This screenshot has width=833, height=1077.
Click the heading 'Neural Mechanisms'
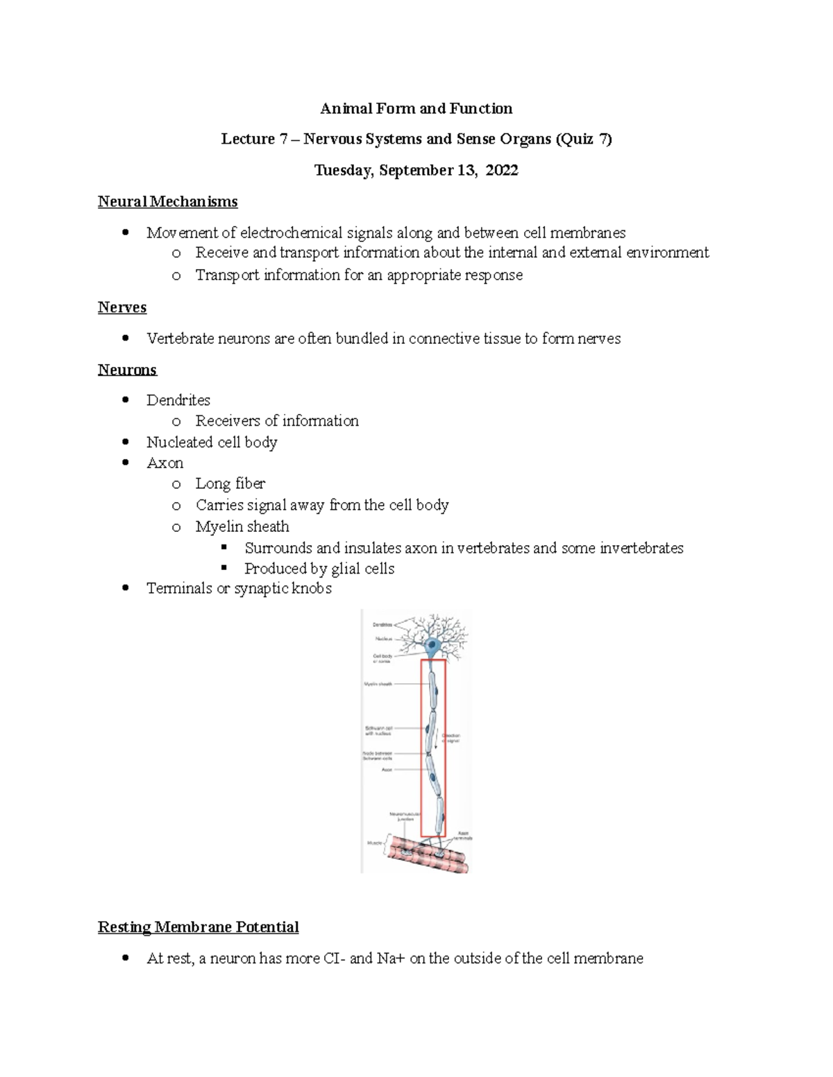(167, 202)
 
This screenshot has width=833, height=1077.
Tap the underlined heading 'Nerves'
(122, 307)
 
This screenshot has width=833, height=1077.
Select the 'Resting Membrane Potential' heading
(198, 927)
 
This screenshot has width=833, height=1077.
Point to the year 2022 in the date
(501, 171)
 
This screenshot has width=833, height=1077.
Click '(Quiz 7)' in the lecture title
(583, 139)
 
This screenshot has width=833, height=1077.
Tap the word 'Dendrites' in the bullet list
(178, 400)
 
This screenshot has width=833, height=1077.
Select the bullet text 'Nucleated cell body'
(212, 442)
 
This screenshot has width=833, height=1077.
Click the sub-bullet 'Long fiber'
(230, 483)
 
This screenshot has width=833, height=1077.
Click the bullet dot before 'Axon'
(125, 463)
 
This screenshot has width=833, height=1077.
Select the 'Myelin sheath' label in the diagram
(378, 684)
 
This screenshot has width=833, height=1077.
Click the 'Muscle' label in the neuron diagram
(374, 843)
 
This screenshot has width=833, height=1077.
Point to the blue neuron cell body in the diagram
(433, 648)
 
